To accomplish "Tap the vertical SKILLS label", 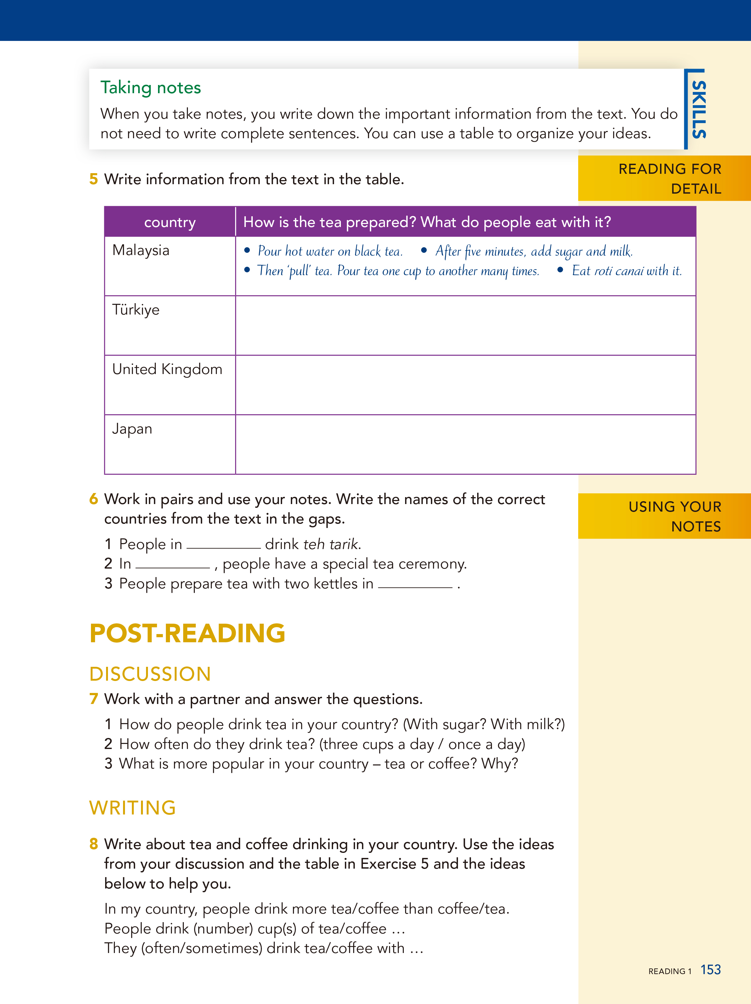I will coord(698,109).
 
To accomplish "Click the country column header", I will coord(170,222).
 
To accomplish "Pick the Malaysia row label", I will coord(141,250).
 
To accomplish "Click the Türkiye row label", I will coord(136,309).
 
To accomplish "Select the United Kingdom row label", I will coord(167,369).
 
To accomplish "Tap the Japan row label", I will coord(132,428).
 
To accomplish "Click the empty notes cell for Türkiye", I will coord(465,326).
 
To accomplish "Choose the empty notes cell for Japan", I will coord(465,444).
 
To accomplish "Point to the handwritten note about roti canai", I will coord(626,271).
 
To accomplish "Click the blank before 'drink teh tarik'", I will coord(223,545).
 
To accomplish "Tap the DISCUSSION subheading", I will coord(150,674).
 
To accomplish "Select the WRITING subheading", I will coord(133,808).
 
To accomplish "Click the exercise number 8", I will coord(94,844).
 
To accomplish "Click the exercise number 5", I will coord(94,179).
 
